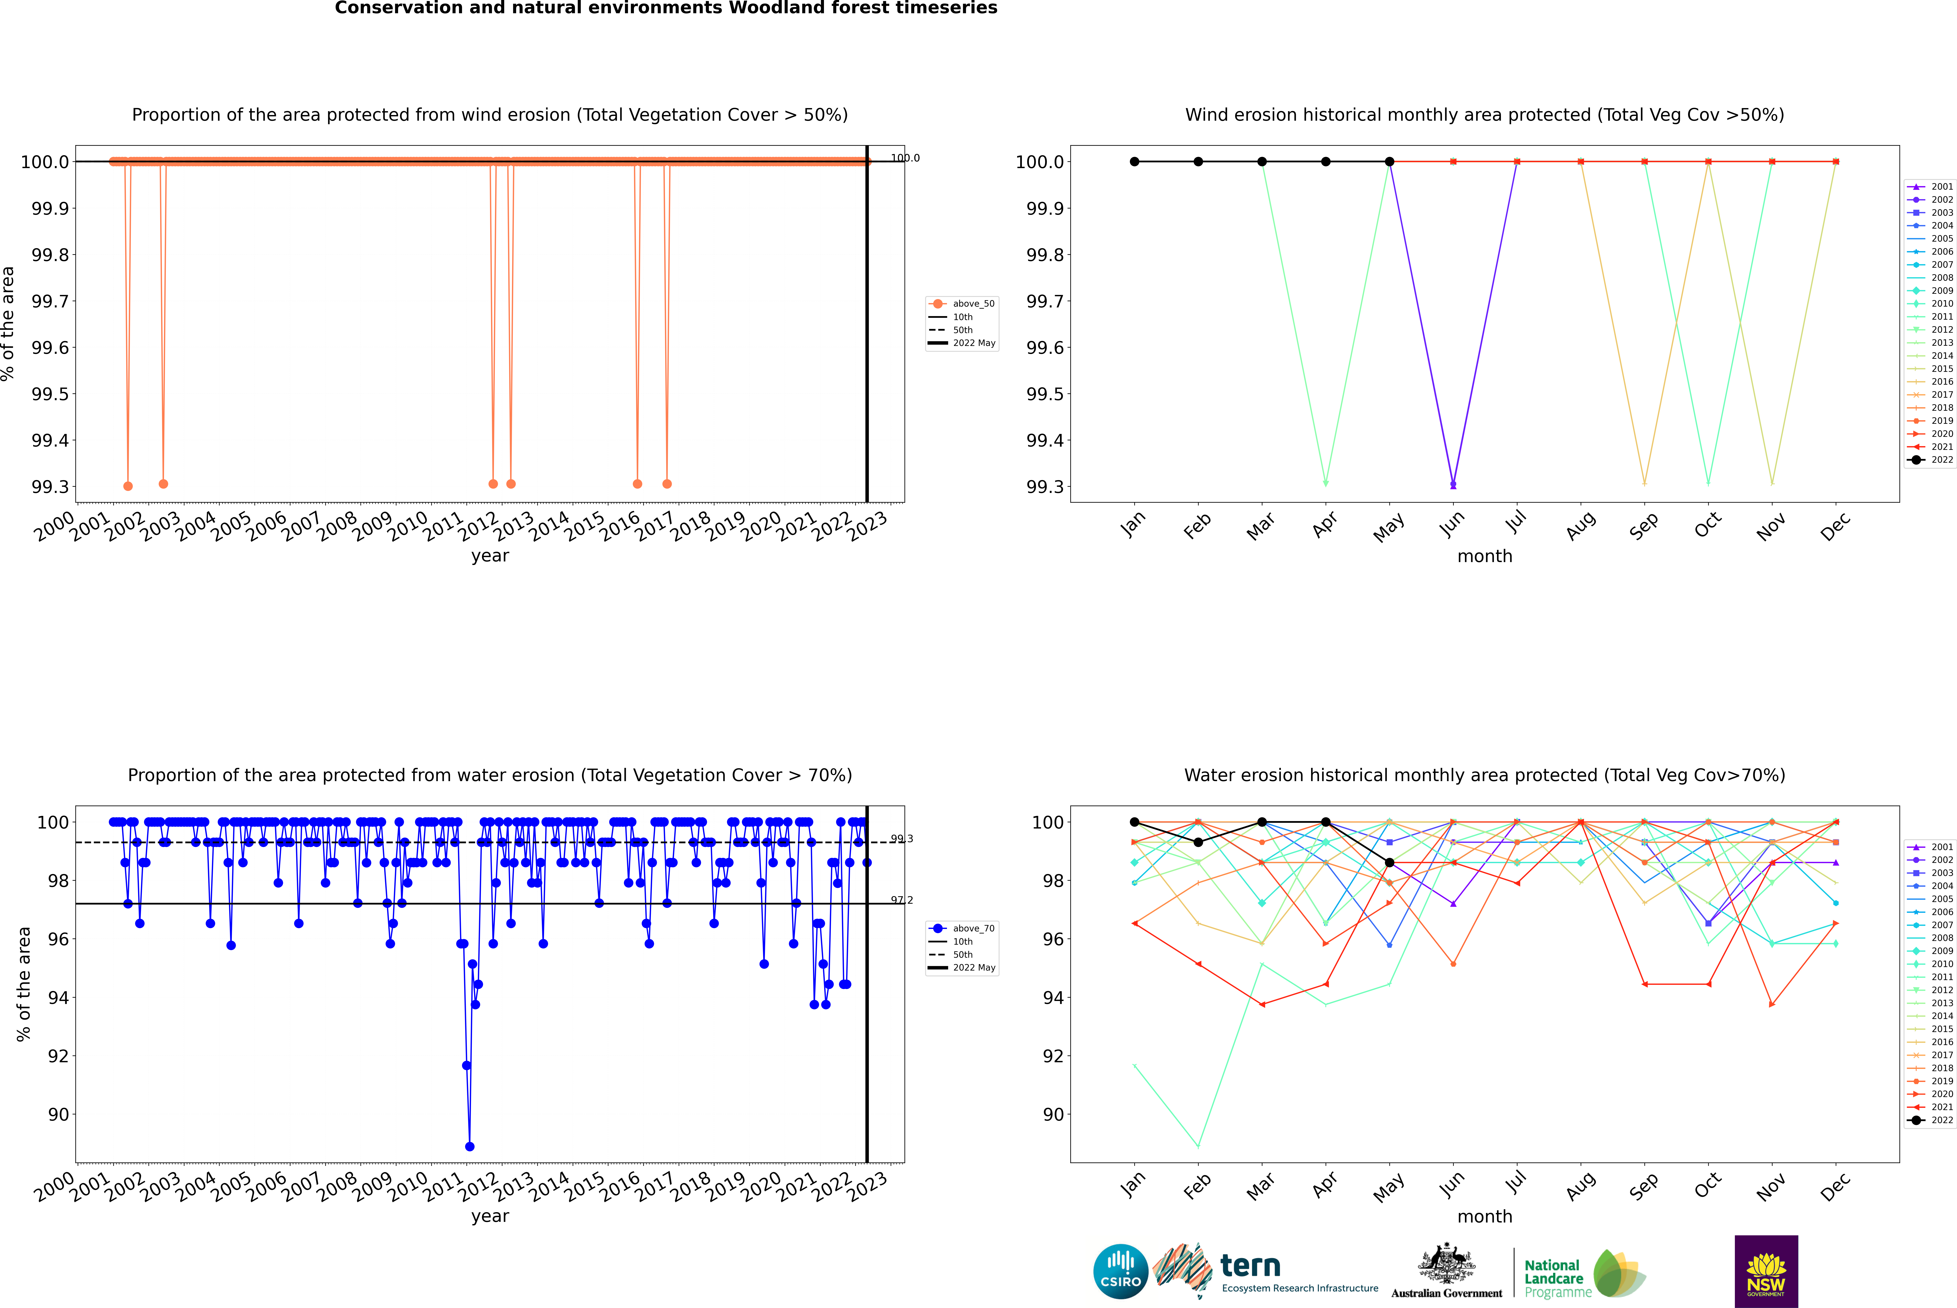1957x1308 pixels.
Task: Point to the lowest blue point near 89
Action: point(470,1146)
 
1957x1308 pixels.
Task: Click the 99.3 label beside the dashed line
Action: point(902,839)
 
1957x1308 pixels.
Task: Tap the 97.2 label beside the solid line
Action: point(902,900)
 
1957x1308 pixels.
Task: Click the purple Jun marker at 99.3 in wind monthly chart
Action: point(1453,484)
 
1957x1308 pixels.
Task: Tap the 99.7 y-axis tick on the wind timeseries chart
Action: point(50,301)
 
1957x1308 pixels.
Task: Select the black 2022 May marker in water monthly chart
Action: point(1389,862)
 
